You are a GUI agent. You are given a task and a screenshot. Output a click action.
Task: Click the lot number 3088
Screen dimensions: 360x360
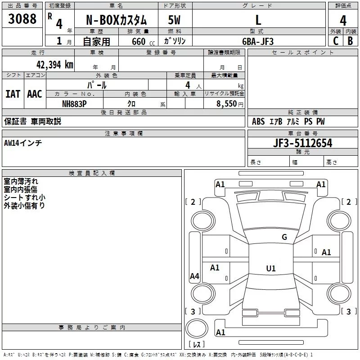22,19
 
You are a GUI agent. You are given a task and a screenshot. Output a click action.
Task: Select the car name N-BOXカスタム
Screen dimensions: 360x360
118,20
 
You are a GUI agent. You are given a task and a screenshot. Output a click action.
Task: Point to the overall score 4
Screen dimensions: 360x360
343,20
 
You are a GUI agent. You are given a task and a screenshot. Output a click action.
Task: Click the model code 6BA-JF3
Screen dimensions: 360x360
258,41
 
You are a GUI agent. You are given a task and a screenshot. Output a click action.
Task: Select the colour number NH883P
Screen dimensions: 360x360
74,103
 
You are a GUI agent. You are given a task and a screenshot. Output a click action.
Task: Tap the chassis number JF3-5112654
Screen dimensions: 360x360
303,143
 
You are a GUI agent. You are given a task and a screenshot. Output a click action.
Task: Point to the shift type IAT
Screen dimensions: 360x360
13,94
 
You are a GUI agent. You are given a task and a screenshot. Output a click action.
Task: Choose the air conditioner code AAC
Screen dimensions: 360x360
34,94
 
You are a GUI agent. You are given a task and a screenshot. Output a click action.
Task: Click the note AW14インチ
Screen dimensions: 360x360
23,143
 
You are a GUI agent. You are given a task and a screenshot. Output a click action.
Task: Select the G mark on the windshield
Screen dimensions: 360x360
284,237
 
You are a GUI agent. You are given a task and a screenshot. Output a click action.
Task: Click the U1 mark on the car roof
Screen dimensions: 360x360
270,269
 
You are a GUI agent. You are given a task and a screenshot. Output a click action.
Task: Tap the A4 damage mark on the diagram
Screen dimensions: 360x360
194,276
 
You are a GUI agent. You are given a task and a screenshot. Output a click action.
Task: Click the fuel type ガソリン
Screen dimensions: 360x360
175,41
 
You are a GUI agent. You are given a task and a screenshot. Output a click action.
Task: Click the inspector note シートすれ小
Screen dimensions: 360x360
25,197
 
